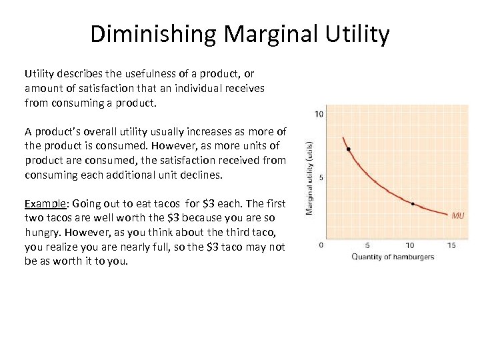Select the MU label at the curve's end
coord(458,215)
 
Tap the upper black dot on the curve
coord(348,149)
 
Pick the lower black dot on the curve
coord(413,203)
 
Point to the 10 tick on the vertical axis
coord(319,114)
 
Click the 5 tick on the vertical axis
coord(321,177)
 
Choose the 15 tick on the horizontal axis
coord(451,246)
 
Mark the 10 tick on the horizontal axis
coord(411,246)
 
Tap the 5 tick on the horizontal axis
coord(368,246)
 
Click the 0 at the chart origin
coord(321,245)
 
